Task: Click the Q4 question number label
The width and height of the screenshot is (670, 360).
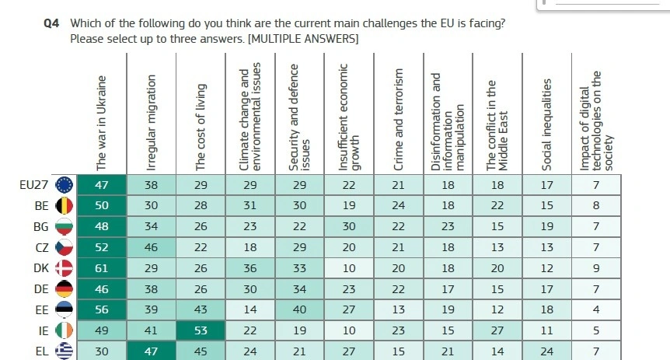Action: coord(51,23)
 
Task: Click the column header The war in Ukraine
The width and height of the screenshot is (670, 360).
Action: coord(101,123)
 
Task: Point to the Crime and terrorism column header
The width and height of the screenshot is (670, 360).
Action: coord(399,119)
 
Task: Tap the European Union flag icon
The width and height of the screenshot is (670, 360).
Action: coord(65,185)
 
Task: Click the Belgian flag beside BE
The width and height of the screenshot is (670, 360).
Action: coord(65,206)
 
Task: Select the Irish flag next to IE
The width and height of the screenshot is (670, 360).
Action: coord(65,331)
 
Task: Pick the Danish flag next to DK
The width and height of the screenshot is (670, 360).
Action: coord(65,268)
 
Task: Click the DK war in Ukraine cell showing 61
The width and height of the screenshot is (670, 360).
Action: coord(101,268)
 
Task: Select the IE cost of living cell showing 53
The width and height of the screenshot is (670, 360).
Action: coord(201,331)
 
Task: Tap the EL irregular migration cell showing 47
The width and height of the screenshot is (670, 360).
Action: coord(152,351)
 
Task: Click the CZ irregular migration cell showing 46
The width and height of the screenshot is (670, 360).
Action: coord(152,247)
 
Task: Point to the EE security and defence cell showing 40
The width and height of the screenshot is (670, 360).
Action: coord(299,310)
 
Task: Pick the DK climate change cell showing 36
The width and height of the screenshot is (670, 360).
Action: coord(250,268)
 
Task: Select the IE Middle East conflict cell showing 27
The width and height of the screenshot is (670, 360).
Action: coord(497,331)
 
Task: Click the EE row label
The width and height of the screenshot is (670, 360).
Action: coord(43,310)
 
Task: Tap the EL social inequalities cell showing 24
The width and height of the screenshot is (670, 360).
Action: coord(547,351)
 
